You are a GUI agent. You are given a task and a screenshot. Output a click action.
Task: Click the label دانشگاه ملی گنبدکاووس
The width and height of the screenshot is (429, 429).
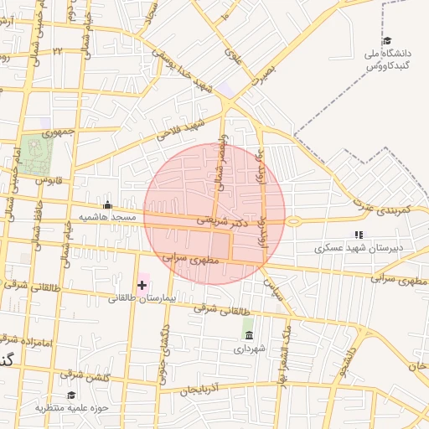coord(386,59)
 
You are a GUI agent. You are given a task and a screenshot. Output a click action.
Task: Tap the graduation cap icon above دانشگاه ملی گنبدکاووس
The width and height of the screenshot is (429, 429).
coord(386,40)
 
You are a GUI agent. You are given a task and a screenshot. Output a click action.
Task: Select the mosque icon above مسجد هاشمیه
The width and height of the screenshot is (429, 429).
coord(107,204)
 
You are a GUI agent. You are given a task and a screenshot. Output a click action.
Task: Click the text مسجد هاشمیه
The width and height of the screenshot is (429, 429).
coord(107,217)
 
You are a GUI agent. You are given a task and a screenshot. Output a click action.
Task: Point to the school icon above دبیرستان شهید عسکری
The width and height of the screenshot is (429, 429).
coord(359,235)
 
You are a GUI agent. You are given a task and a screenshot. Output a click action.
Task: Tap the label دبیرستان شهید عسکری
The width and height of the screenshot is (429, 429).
coord(359,248)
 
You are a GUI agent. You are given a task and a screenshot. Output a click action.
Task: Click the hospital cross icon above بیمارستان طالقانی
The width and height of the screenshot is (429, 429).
coord(142,285)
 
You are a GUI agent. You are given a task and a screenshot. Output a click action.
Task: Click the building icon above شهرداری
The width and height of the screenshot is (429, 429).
coord(249,335)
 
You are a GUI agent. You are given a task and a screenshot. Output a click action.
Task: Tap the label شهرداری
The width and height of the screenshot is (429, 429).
coord(249,348)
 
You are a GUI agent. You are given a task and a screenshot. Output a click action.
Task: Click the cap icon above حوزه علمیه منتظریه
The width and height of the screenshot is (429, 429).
coord(71,395)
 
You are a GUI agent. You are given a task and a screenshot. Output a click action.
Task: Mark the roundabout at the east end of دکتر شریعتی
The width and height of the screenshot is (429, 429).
coord(293,222)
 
